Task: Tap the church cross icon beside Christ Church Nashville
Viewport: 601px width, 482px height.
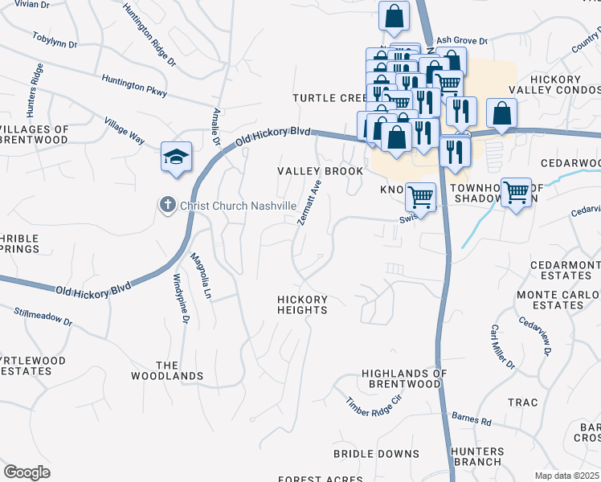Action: click(168, 206)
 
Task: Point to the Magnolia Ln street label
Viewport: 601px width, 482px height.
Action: click(199, 277)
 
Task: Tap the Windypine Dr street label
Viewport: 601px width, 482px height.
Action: click(181, 299)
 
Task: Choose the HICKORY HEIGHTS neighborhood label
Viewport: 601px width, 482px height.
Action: click(303, 305)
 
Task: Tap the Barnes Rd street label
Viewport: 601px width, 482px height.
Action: click(472, 419)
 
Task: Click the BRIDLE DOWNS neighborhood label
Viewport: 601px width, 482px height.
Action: click(376, 454)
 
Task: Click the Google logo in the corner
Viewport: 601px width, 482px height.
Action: click(27, 472)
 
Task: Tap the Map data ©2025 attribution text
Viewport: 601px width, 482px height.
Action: click(566, 476)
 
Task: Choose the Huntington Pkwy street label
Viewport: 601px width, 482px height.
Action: click(134, 86)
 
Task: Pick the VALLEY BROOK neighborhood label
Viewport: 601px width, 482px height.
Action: click(321, 171)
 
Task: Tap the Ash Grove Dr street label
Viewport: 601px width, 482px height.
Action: click(462, 40)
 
